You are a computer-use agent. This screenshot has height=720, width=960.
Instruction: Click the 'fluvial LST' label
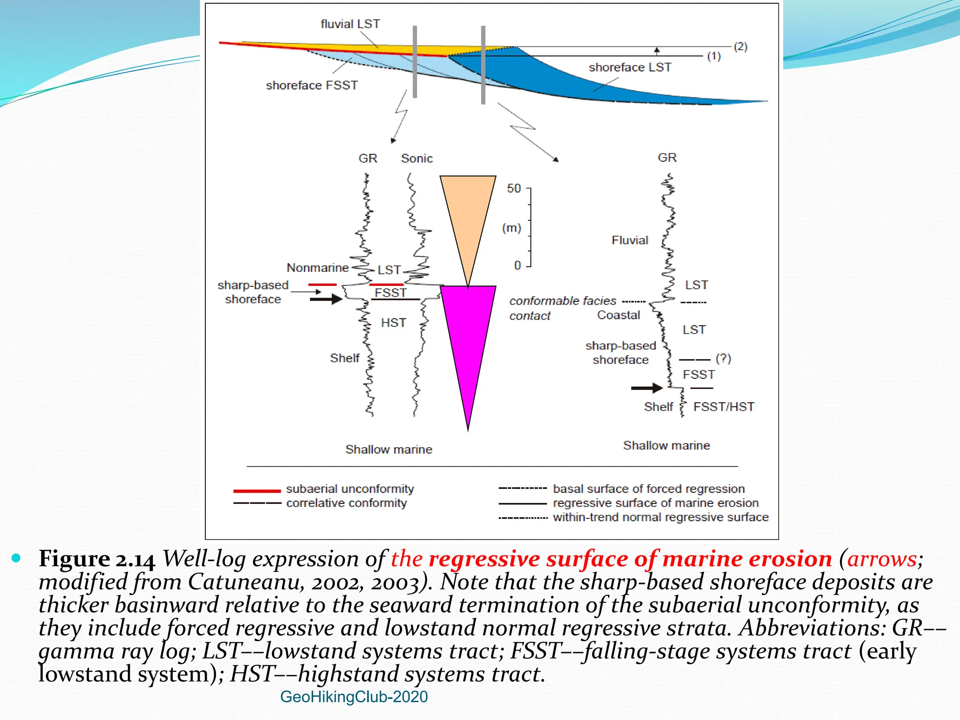350,24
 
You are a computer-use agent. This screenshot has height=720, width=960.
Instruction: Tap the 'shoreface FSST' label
312,85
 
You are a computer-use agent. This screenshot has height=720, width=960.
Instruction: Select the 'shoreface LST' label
630,67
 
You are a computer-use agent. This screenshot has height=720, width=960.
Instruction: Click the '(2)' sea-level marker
741,46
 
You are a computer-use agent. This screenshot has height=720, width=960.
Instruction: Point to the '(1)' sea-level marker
714,56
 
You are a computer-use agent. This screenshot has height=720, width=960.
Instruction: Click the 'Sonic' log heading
417,158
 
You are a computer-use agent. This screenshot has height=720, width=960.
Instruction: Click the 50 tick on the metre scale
514,188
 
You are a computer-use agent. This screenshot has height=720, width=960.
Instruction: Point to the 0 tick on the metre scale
517,265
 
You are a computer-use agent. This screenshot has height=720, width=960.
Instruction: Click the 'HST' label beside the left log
393,322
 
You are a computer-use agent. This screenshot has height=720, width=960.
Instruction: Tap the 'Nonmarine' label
318,268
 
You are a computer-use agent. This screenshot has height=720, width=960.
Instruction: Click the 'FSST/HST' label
724,406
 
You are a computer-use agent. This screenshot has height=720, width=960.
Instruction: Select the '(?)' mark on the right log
723,359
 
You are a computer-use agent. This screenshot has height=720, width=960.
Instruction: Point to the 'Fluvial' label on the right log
630,240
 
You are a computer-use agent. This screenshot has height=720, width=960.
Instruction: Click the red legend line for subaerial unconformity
257,491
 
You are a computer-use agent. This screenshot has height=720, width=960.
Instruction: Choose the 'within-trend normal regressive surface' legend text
661,517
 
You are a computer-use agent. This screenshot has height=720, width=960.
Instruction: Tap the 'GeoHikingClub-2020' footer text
354,697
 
